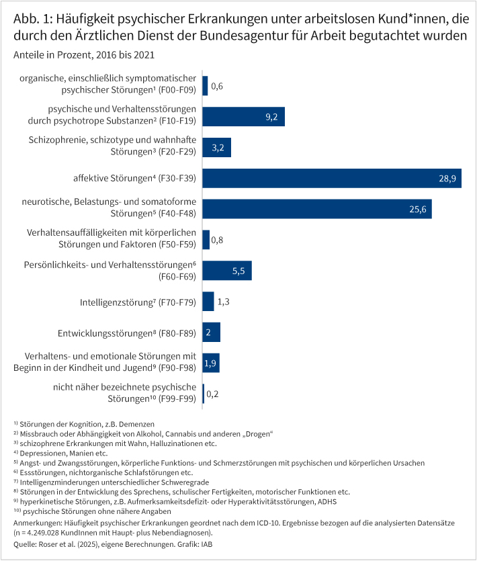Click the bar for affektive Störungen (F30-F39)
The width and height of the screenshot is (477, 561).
tap(332, 178)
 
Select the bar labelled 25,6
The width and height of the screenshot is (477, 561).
tap(316, 209)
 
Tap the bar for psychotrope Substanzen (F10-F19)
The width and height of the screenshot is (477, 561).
tap(243, 117)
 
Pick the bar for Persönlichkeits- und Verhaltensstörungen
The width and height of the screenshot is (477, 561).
tap(226, 271)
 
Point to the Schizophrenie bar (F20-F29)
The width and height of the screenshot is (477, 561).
tap(216, 148)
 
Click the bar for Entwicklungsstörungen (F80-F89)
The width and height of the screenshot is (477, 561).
tap(211, 332)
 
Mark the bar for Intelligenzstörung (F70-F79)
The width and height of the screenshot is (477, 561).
tap(208, 302)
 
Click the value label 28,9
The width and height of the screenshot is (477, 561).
tap(446, 179)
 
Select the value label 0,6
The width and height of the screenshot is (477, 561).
tap(217, 87)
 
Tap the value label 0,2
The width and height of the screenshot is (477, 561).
tap(213, 394)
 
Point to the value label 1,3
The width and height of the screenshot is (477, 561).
tap(224, 302)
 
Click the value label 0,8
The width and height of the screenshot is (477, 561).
tap(218, 240)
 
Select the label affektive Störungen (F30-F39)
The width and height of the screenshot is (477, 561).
tap(134, 179)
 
